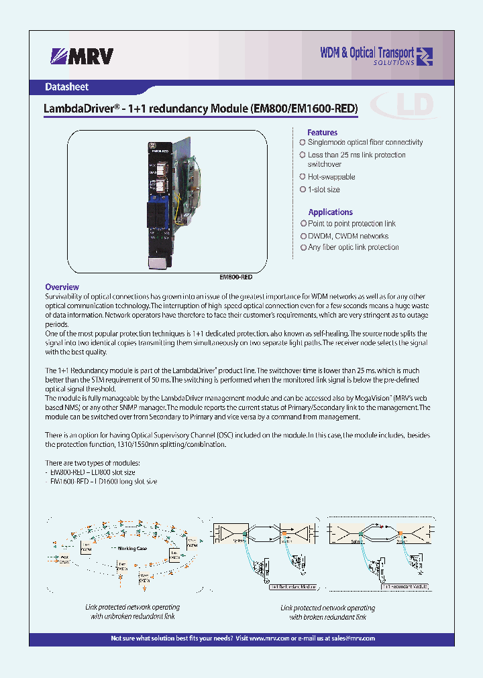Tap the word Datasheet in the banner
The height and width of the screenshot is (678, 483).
point(66,87)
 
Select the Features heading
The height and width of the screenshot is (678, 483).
point(322,133)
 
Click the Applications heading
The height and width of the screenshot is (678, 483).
point(330,212)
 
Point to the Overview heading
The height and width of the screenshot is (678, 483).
point(62,287)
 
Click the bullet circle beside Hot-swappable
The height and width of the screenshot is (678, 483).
point(303,177)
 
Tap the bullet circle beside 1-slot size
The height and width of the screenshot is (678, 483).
point(303,190)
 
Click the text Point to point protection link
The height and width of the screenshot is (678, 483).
point(352,224)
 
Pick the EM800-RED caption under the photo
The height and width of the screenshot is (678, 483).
point(236,277)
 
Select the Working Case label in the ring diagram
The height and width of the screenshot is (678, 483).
point(132,548)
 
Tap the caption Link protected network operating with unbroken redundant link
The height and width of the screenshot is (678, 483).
point(132,612)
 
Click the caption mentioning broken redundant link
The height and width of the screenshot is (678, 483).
point(327,612)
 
